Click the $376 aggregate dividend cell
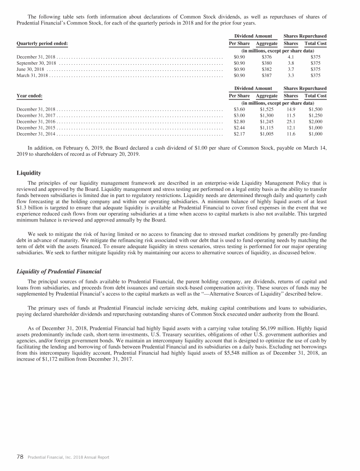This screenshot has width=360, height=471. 266,56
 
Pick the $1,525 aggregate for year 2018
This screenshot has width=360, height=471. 266,108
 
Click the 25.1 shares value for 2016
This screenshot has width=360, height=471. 291,121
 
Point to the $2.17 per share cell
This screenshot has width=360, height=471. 240,133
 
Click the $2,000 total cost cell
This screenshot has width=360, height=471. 315,121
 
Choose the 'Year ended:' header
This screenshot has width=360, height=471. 30,96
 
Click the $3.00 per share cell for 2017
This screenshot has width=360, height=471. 240,114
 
